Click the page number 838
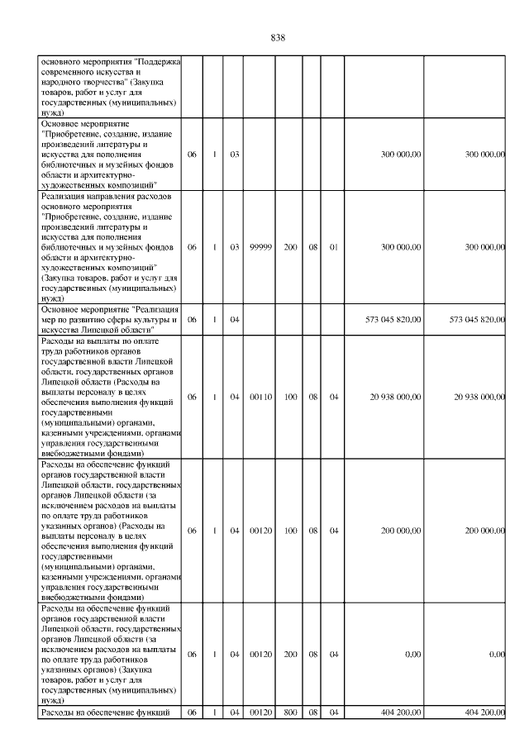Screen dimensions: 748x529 pos(278,37)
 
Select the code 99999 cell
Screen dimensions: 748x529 pos(261,246)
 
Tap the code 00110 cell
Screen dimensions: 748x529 pos(261,396)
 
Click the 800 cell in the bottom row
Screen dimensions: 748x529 pos(291,711)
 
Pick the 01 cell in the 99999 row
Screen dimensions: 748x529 pos(334,246)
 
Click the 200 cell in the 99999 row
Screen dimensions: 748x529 pos(291,246)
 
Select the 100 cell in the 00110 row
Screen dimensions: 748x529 pos(291,396)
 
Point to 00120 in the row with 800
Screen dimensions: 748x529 pos(261,711)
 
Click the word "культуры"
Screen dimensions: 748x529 pos(149,318)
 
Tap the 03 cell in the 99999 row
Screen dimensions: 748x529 pos(235,246)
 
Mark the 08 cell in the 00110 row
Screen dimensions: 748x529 pos(313,396)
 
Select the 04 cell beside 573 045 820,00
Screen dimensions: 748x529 pos(235,318)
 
